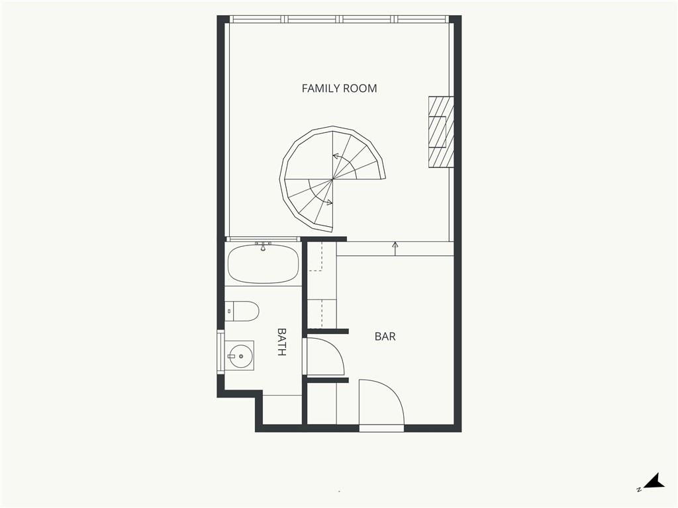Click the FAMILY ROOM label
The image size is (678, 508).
pyautogui.click(x=339, y=89)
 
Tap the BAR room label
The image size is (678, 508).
pyautogui.click(x=385, y=337)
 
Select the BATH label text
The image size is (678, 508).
pyautogui.click(x=281, y=342)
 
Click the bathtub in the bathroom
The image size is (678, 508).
pyautogui.click(x=263, y=264)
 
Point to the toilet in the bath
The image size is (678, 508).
pyautogui.click(x=242, y=311)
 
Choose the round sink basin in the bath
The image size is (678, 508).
pyautogui.click(x=241, y=357)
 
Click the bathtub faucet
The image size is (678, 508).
pyautogui.click(x=262, y=246)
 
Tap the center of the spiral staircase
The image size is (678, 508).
pyautogui.click(x=332, y=179)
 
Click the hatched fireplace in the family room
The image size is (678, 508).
pyautogui.click(x=441, y=132)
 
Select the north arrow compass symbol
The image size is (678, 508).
pyautogui.click(x=652, y=482)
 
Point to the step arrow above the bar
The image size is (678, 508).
pyautogui.click(x=395, y=249)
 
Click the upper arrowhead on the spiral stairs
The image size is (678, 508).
pyautogui.click(x=335, y=155)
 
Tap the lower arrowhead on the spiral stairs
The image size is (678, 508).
pyautogui.click(x=330, y=202)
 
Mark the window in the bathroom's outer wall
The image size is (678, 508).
pyautogui.click(x=220, y=352)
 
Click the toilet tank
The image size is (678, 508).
pyautogui.click(x=229, y=311)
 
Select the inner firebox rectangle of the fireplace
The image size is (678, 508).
pyautogui.click(x=437, y=132)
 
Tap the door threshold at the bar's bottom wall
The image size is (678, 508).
pyautogui.click(x=381, y=428)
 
